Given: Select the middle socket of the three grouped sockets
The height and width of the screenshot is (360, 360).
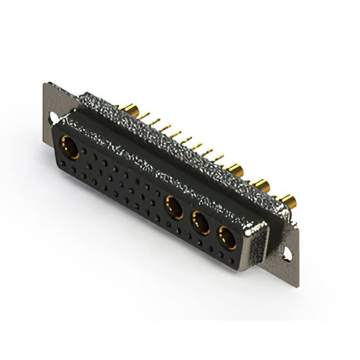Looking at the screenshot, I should (201, 223).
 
